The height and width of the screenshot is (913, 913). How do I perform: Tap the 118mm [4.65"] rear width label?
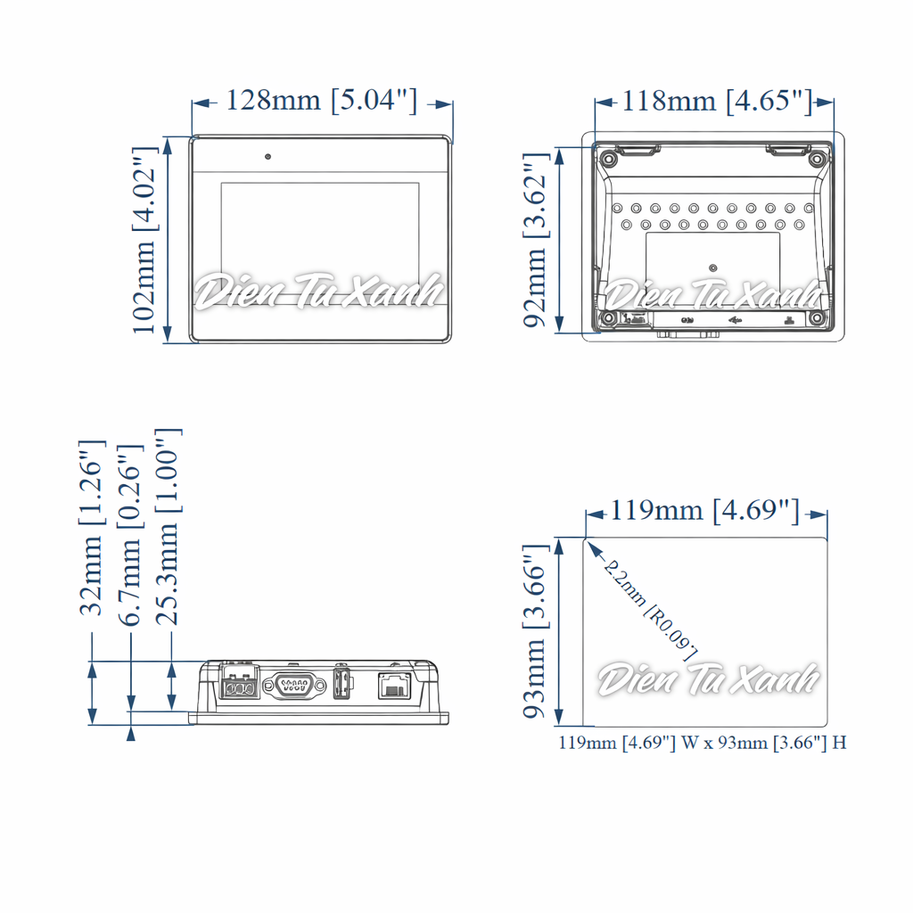tap(717, 101)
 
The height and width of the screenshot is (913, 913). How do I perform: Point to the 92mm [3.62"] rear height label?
tap(535, 240)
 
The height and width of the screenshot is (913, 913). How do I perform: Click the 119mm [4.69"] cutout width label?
tap(704, 511)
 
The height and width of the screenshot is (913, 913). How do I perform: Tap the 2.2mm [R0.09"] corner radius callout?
tap(649, 610)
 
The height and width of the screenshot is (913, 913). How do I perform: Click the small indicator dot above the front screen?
tap(267, 157)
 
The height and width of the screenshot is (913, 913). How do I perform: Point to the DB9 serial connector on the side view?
tap(295, 687)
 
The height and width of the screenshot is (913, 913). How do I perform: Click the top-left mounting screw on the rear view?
tap(608, 160)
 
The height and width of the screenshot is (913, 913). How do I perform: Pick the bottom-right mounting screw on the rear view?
tap(815, 318)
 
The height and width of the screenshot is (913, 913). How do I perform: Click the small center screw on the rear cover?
tap(712, 267)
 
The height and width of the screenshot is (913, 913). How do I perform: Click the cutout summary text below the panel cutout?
tap(703, 743)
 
